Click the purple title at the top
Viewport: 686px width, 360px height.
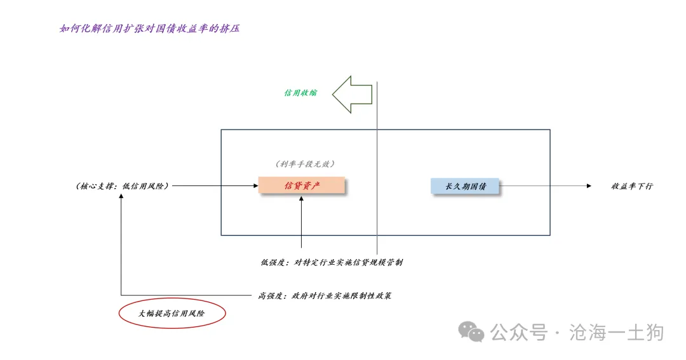coord(150,29)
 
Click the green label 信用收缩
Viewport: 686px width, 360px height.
coord(300,93)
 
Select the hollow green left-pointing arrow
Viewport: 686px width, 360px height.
coord(352,95)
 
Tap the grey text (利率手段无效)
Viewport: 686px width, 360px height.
coord(305,164)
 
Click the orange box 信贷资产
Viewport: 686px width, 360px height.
coord(302,185)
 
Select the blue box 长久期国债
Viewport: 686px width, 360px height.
coord(464,186)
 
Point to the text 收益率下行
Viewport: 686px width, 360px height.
coord(632,186)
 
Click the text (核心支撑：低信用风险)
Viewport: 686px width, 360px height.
coord(122,186)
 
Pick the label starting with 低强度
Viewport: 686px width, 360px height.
coord(332,262)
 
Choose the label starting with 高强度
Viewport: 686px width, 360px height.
coord(325,296)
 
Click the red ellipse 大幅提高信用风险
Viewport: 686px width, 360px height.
coord(172,313)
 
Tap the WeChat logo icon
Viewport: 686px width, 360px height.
coord(471,332)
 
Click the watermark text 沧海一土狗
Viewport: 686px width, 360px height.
coord(616,333)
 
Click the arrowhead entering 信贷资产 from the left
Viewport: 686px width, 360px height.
coord(256,186)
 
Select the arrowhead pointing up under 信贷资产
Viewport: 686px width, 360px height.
coord(302,199)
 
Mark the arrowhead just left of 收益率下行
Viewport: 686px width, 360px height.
coord(589,186)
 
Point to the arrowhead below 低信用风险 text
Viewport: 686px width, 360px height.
coord(121,196)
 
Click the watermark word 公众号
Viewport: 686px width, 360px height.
coord(519,333)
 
